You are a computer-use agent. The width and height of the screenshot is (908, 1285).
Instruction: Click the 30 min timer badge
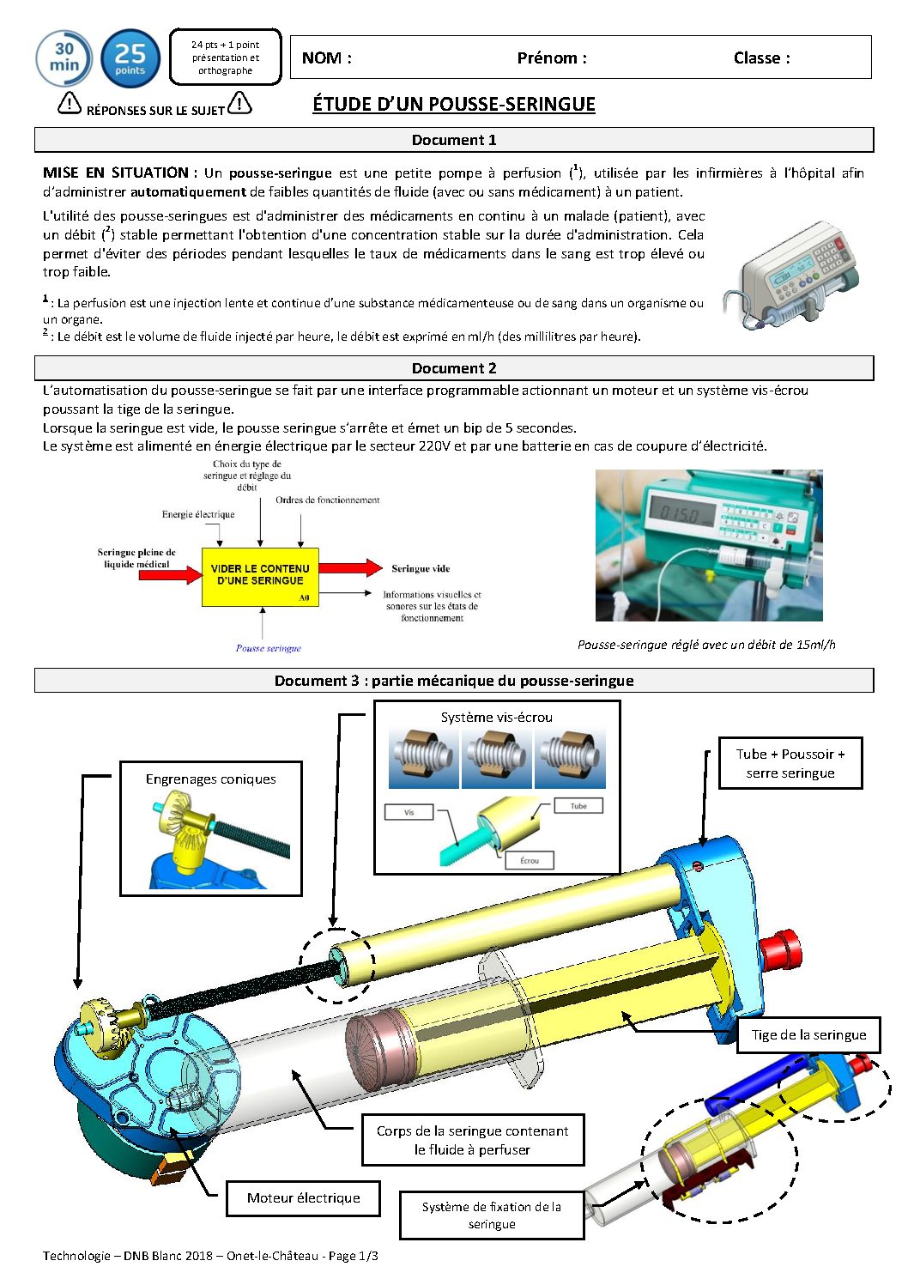point(64,58)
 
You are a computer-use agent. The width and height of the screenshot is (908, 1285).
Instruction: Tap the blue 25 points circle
point(130,58)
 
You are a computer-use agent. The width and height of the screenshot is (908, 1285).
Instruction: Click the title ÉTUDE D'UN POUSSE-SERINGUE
point(454,104)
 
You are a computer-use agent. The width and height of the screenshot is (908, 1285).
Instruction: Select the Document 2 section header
point(454,368)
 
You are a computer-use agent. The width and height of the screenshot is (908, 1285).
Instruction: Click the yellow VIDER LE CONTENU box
point(260,577)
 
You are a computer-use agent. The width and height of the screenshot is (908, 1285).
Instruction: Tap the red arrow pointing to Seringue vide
point(350,567)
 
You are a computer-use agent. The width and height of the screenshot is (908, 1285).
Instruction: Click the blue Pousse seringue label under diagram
point(269,648)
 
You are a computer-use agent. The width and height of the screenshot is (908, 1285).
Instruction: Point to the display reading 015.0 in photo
point(682,512)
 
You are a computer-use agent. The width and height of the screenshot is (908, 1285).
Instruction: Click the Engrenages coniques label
point(210,779)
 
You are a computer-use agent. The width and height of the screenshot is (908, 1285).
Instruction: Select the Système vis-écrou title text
point(497,717)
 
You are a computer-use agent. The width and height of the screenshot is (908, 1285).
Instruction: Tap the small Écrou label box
point(530,860)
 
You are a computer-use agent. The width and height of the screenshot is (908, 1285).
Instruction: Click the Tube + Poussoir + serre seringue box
point(790,764)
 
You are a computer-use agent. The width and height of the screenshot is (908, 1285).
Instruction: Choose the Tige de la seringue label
point(808,1035)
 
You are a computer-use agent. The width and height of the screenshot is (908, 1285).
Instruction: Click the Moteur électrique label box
point(304,1197)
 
